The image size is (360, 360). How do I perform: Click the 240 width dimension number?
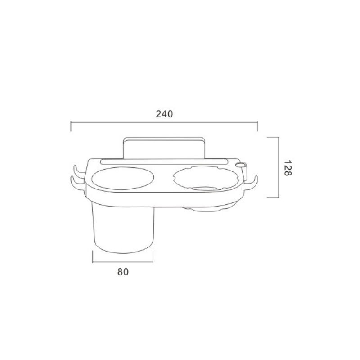point(164,114)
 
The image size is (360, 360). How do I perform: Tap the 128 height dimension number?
point(288,168)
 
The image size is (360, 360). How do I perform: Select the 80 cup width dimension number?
point(123,272)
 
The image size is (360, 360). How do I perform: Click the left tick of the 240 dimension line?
point(71,126)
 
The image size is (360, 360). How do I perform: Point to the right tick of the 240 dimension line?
point(257,126)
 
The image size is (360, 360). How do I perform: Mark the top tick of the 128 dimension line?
point(273,137)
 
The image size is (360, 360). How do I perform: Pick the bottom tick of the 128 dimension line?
point(273,197)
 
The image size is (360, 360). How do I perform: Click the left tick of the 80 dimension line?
point(93,256)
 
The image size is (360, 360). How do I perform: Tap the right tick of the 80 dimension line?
point(153,256)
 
